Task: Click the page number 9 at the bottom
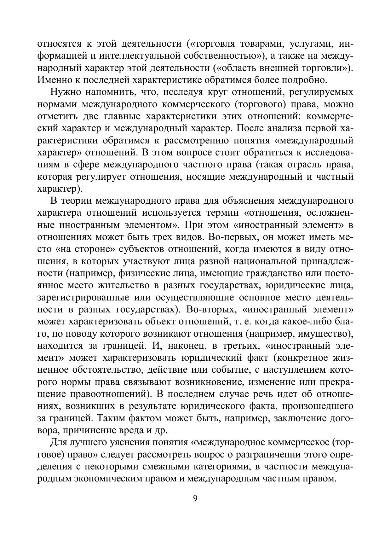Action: [x=195, y=498]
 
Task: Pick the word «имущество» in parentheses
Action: [x=322, y=334]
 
